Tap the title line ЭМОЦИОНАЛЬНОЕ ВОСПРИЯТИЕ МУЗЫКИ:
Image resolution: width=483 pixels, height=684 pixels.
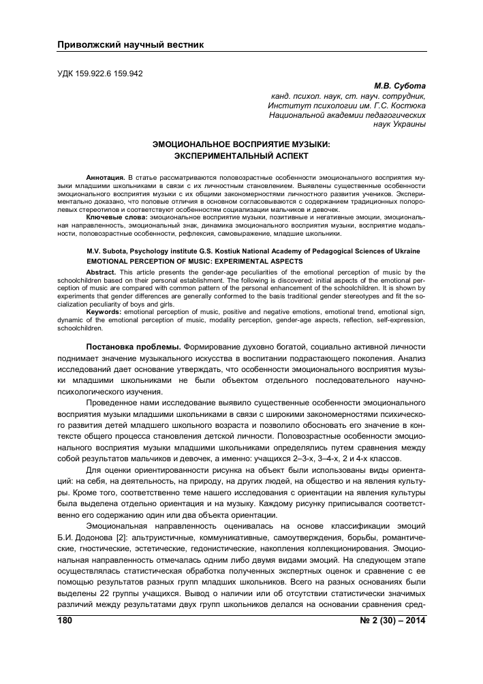click(241, 144)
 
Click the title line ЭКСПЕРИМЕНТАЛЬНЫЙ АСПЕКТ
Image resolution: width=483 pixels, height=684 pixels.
click(241, 155)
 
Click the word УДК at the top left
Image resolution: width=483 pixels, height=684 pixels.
click(65, 74)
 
